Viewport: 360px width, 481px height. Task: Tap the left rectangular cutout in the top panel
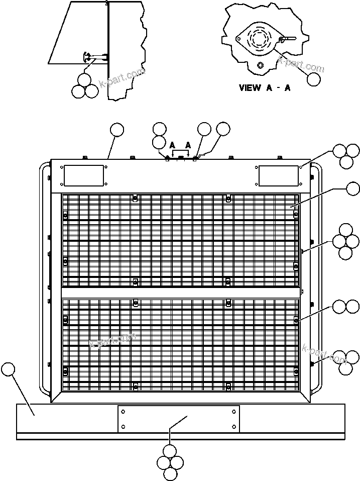tap(83, 175)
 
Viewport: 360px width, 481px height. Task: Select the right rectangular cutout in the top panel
tap(279, 175)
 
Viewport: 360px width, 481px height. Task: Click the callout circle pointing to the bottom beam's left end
tap(8, 369)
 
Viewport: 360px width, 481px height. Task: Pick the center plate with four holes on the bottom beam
tap(179, 419)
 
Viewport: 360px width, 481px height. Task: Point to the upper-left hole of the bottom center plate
tap(124, 411)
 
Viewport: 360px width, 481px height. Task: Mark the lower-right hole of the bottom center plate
tap(234, 426)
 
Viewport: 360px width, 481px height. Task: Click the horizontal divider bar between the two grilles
tap(181, 293)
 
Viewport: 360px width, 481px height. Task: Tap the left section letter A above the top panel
tap(173, 144)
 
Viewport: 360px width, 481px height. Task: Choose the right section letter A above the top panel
tap(188, 144)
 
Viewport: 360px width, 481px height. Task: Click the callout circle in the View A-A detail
tap(314, 79)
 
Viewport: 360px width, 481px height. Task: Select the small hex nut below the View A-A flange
tap(260, 65)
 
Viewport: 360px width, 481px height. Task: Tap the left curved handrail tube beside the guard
tap(44, 279)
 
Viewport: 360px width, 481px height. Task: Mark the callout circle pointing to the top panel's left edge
tap(117, 130)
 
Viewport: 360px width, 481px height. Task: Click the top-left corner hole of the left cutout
tap(62, 167)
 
